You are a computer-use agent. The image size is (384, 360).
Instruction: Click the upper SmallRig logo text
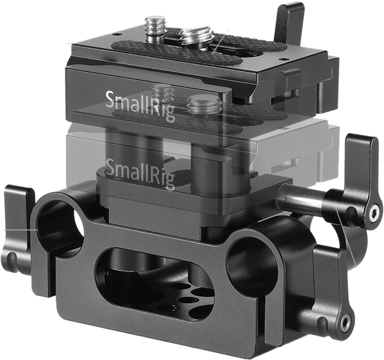[x=140, y=106]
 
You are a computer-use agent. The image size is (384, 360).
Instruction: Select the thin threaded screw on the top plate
[x=155, y=28]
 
